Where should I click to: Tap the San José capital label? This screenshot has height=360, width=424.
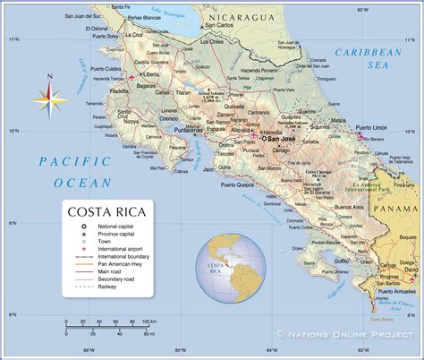(281, 139)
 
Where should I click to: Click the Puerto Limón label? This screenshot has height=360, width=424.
(375, 128)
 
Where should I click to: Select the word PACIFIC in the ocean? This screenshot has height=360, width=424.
(69, 160)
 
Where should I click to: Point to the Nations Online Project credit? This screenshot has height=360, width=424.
(350, 332)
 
